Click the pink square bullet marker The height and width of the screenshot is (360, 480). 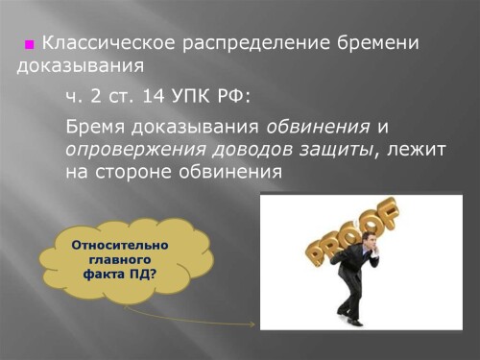[x=30, y=45]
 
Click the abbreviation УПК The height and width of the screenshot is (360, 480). [x=189, y=97]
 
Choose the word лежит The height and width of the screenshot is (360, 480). [x=420, y=150]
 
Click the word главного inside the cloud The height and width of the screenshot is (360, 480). [x=120, y=259]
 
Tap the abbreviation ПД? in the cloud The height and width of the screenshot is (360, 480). [x=140, y=274]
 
